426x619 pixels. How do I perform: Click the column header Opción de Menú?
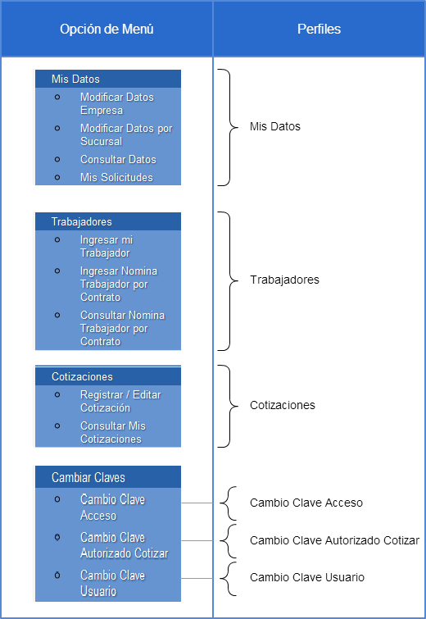coord(106,29)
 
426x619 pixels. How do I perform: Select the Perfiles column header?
coord(319,29)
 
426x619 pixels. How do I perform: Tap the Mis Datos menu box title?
coord(75,79)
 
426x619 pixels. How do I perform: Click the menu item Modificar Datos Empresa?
coord(117,103)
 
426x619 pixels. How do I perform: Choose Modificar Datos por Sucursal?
coord(126,134)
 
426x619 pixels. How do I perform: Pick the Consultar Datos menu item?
coord(118,160)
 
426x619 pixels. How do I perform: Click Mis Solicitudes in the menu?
coord(116,178)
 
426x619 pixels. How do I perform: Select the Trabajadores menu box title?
coord(82,222)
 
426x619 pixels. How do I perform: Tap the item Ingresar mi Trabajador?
coord(106,246)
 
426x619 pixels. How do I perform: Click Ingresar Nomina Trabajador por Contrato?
coord(119,284)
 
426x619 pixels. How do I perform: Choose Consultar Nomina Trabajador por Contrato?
coord(122,328)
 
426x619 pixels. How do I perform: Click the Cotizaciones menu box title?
coord(82,376)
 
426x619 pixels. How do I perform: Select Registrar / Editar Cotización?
coord(120,401)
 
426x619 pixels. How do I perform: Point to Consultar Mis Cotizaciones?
coord(113,432)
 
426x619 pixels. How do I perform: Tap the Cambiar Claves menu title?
coord(88,478)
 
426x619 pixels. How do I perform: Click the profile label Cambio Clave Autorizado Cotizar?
coord(334,540)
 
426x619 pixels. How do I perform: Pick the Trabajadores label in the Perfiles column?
coord(284,280)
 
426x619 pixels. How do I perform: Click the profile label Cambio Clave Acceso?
coord(306,503)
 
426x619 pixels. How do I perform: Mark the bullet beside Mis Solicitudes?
coord(57,178)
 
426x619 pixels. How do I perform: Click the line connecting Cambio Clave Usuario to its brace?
coord(197,578)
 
